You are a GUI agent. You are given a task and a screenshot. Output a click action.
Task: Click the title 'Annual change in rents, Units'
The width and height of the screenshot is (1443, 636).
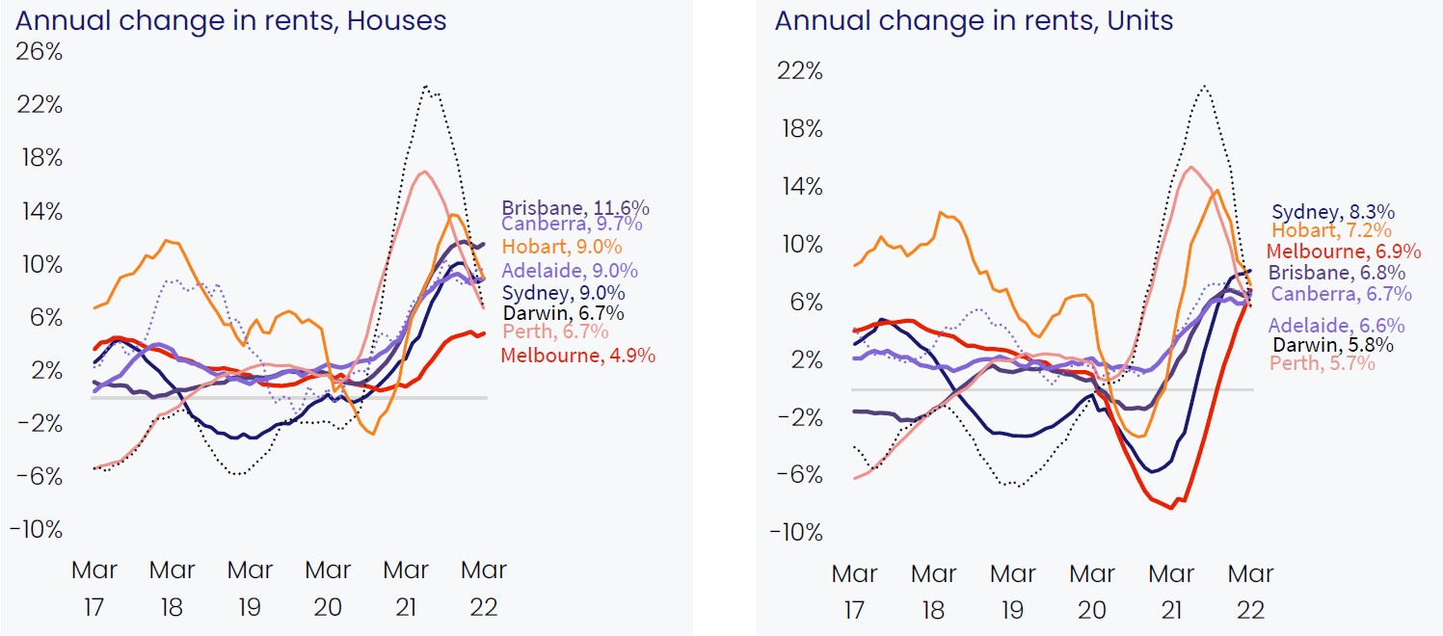click(974, 19)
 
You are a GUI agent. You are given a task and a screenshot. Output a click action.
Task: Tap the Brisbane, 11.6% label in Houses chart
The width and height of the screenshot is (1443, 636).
click(575, 208)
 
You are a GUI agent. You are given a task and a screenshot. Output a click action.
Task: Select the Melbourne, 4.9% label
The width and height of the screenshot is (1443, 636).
click(577, 356)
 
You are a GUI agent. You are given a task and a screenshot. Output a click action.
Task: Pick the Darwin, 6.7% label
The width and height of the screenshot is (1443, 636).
click(563, 312)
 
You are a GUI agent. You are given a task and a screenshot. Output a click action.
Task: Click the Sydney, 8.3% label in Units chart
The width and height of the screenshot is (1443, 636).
click(1333, 212)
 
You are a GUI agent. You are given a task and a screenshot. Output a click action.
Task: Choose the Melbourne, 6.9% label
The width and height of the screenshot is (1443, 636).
click(1344, 252)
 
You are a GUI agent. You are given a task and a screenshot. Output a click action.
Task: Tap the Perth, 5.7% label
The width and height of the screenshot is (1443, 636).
click(1323, 363)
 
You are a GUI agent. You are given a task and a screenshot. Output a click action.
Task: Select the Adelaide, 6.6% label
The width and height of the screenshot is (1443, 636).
click(1336, 326)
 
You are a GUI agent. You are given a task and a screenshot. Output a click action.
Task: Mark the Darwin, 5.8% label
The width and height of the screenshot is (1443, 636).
click(1332, 344)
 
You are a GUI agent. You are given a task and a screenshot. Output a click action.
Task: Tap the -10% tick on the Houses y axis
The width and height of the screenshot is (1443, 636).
click(37, 529)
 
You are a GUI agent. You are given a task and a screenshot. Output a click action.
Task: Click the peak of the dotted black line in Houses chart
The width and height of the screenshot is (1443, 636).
click(426, 86)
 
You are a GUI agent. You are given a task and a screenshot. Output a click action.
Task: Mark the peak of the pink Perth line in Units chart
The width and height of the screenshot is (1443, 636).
click(1190, 167)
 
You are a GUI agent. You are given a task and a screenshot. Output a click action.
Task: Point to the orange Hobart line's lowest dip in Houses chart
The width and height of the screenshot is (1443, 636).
click(372, 435)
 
